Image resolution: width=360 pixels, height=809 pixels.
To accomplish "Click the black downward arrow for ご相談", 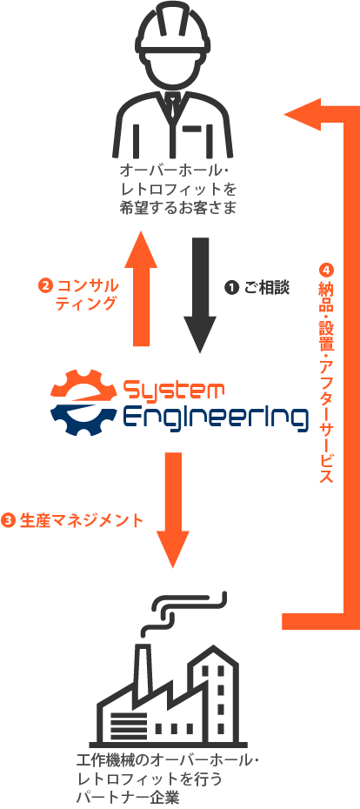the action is (200, 295).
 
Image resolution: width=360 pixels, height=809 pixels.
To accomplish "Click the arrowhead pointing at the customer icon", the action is (303, 113).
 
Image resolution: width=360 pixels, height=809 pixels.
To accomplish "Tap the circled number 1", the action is (231, 288).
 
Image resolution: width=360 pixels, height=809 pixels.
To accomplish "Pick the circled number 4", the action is (326, 271).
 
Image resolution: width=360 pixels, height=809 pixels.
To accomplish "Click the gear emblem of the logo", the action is (83, 402).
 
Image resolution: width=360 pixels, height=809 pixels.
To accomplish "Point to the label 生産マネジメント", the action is (81, 520).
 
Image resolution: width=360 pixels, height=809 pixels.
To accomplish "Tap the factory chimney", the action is (143, 665).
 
